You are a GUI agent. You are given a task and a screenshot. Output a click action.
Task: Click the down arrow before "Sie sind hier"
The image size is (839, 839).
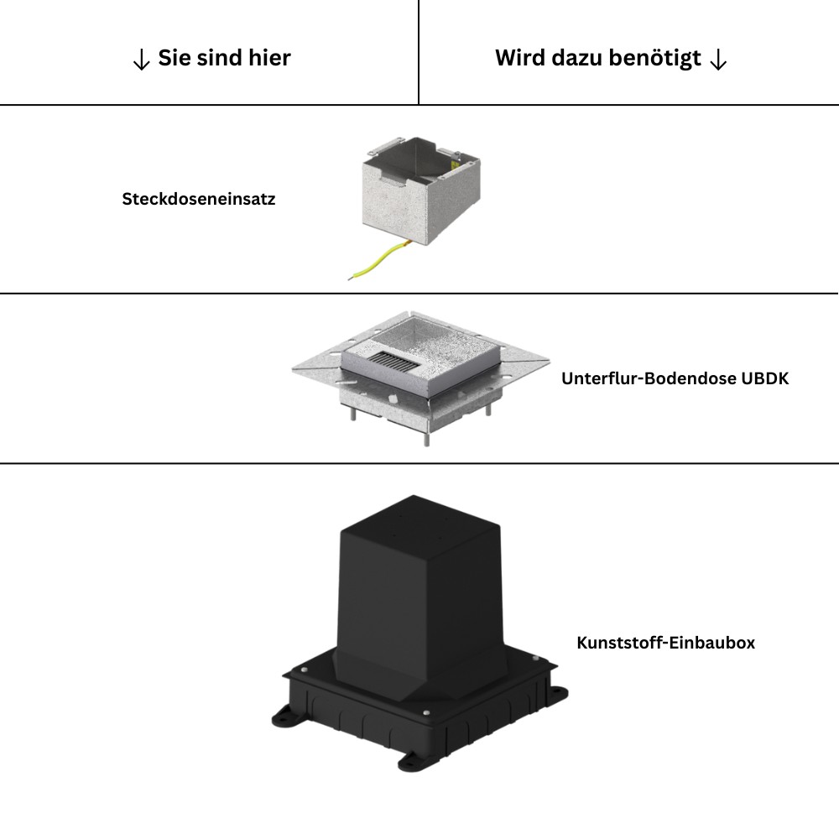click(x=141, y=60)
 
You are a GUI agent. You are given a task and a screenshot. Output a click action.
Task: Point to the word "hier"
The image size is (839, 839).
click(x=270, y=58)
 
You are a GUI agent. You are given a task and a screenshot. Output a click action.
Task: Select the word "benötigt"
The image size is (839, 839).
click(x=655, y=59)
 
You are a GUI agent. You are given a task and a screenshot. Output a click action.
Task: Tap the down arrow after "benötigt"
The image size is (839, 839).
click(x=718, y=60)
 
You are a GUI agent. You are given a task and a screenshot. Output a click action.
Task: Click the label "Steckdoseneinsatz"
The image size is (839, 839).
click(x=199, y=200)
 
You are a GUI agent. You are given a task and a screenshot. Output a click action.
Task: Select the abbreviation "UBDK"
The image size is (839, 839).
click(x=764, y=378)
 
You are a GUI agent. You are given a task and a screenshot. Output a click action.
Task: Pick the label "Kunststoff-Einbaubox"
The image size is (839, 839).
click(x=665, y=643)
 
